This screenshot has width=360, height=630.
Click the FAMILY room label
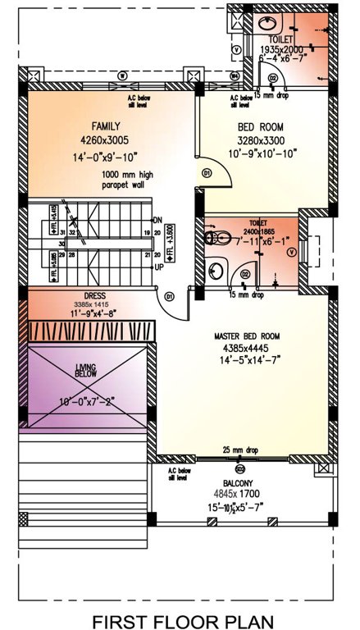pyautogui.click(x=107, y=126)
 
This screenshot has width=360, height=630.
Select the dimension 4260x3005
pyautogui.click(x=107, y=139)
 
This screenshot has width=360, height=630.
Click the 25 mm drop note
pyautogui.click(x=239, y=450)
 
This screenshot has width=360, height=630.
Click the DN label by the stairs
pyautogui.click(x=157, y=220)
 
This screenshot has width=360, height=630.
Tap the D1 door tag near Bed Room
pyautogui.click(x=207, y=173)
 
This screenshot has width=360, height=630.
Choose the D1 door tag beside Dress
pyautogui.click(x=169, y=295)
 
